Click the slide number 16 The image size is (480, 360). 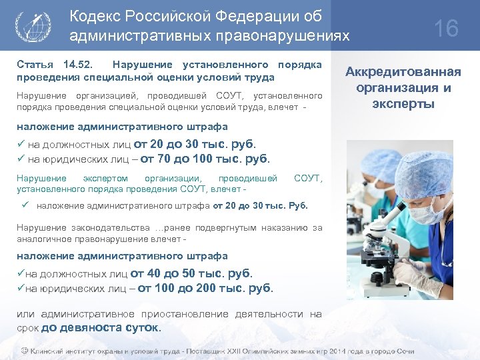tap(446, 29)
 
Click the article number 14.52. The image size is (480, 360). tap(77, 65)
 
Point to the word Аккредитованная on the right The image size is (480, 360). tap(404, 73)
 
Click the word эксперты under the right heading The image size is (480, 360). tap(404, 103)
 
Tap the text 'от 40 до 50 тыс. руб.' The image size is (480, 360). tap(191, 273)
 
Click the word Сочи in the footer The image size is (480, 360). tap(405, 351)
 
